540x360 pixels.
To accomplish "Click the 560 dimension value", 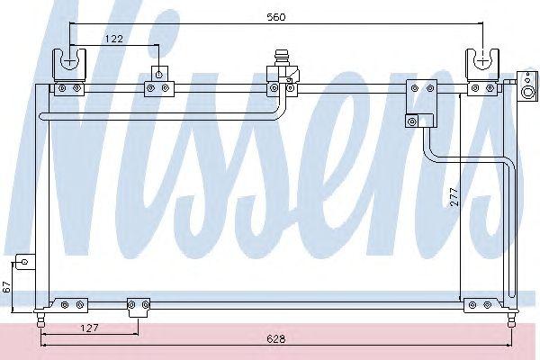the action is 276,17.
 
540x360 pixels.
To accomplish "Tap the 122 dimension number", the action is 114,39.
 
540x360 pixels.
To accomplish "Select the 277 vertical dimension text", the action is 454,197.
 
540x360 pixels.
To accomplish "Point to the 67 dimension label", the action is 7,286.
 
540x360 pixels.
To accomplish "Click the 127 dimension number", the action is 89,328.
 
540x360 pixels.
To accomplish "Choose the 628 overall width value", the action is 276,339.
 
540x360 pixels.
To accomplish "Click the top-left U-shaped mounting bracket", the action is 69,64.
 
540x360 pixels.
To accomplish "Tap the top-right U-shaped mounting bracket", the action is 482,65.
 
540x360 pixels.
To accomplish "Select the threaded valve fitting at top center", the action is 282,58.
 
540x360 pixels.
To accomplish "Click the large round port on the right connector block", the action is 528,93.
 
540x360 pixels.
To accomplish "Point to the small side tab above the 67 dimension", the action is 25,262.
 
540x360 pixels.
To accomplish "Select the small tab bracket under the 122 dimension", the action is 159,74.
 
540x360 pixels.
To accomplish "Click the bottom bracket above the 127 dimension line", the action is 139,307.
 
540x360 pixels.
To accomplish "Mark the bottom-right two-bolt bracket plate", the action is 481,305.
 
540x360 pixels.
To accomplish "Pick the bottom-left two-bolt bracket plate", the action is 70,305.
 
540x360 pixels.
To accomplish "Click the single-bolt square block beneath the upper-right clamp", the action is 412,121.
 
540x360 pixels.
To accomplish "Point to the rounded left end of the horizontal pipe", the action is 42,116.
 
